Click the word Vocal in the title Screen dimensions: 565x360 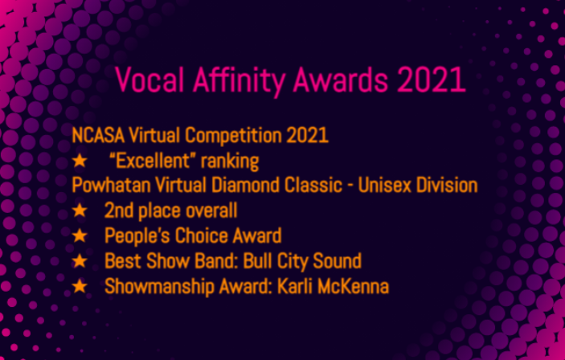click(x=149, y=80)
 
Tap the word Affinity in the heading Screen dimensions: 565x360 click(x=239, y=81)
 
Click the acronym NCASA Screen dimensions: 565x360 click(x=98, y=136)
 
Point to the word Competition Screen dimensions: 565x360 click(x=233, y=137)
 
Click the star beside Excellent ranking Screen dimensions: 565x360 click(x=80, y=161)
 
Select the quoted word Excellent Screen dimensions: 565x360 click(x=153, y=161)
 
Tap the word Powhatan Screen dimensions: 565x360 click(x=111, y=186)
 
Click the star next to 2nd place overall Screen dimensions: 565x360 click(x=80, y=210)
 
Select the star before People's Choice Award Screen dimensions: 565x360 click(x=80, y=235)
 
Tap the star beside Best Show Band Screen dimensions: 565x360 click(x=80, y=260)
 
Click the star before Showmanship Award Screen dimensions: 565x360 click(x=80, y=286)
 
